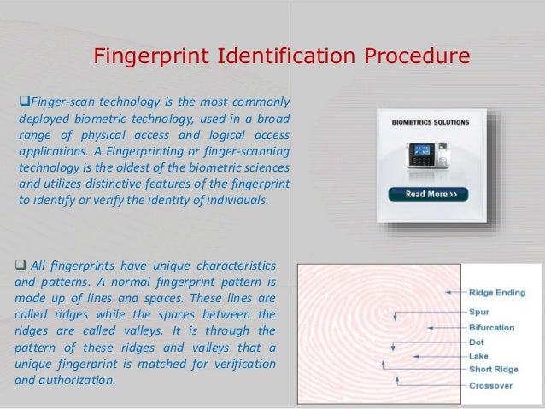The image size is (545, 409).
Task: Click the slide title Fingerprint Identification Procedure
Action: [x=281, y=57]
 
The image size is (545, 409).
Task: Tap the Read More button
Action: [x=437, y=194]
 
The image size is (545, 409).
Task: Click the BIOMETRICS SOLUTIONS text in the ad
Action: [x=431, y=122]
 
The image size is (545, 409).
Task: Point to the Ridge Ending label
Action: [x=497, y=293]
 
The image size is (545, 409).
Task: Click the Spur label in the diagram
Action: [x=478, y=312]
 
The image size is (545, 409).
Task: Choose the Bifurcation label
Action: [x=491, y=327]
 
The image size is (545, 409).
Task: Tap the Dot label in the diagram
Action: [x=477, y=342]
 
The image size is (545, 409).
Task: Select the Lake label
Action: [x=478, y=355]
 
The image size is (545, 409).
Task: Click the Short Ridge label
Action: [x=493, y=369]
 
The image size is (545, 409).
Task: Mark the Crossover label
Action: [x=491, y=385]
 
